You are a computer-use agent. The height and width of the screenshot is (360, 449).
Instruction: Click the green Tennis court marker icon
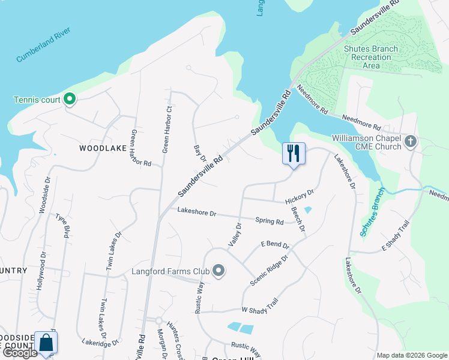click(69, 99)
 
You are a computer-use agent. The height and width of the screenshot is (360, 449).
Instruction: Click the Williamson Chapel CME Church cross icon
click(411, 142)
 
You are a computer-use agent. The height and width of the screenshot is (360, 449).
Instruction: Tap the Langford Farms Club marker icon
click(218, 272)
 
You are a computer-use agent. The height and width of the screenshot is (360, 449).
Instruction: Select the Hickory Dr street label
click(300, 197)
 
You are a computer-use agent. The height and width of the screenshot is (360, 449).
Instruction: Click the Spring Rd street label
click(269, 221)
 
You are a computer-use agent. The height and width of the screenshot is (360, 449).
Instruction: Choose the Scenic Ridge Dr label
click(270, 269)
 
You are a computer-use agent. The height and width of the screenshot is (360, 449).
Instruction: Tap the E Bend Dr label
click(275, 245)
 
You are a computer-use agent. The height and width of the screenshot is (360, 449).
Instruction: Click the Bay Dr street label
click(200, 153)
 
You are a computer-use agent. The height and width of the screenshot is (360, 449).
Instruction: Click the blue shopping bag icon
click(46, 343)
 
